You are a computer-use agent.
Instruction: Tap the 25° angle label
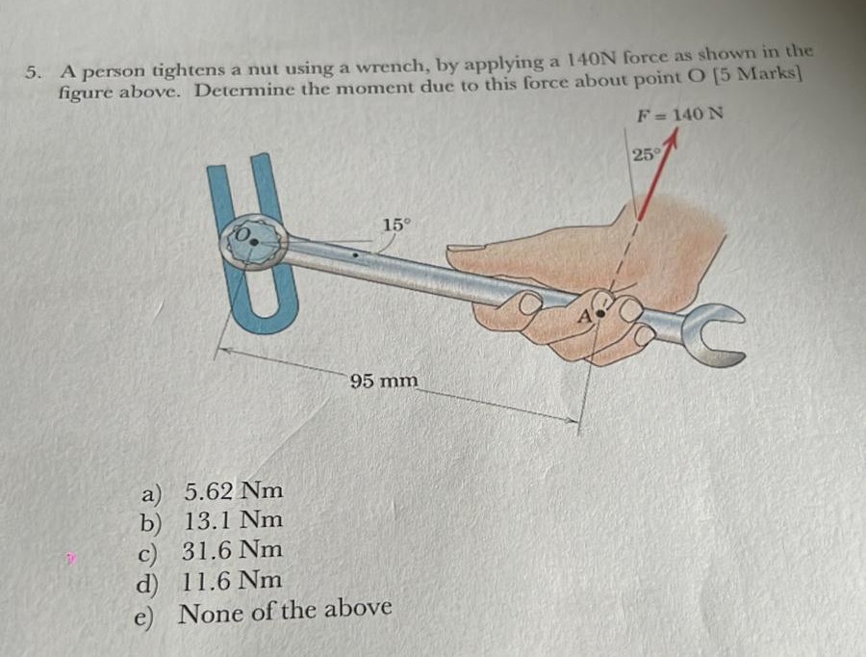click(x=644, y=153)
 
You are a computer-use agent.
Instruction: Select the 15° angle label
click(x=395, y=224)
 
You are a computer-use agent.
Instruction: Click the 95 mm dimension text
click(x=384, y=381)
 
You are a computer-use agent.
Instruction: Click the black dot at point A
click(x=603, y=313)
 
